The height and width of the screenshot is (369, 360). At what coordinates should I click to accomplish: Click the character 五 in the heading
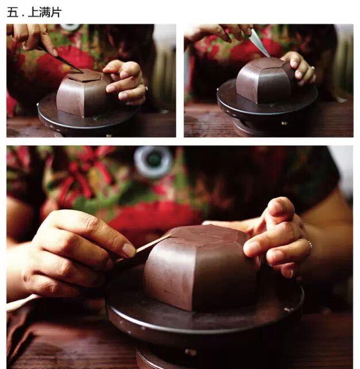pos(13,12)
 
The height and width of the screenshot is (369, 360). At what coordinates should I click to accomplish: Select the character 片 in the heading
pos(56,12)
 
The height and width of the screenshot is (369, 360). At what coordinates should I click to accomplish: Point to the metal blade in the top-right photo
pos(258,43)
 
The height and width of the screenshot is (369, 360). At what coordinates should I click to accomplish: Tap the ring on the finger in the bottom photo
pos(310,244)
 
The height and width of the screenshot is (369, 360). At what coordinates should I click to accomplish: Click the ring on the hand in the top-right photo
pos(313,68)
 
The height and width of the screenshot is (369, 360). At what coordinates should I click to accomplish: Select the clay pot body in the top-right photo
pos(264,80)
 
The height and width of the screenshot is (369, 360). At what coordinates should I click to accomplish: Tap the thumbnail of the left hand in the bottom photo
pos(129,250)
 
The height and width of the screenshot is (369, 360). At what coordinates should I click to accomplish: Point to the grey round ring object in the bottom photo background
pos(153,162)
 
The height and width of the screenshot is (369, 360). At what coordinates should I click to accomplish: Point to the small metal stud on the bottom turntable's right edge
pos(287,310)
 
